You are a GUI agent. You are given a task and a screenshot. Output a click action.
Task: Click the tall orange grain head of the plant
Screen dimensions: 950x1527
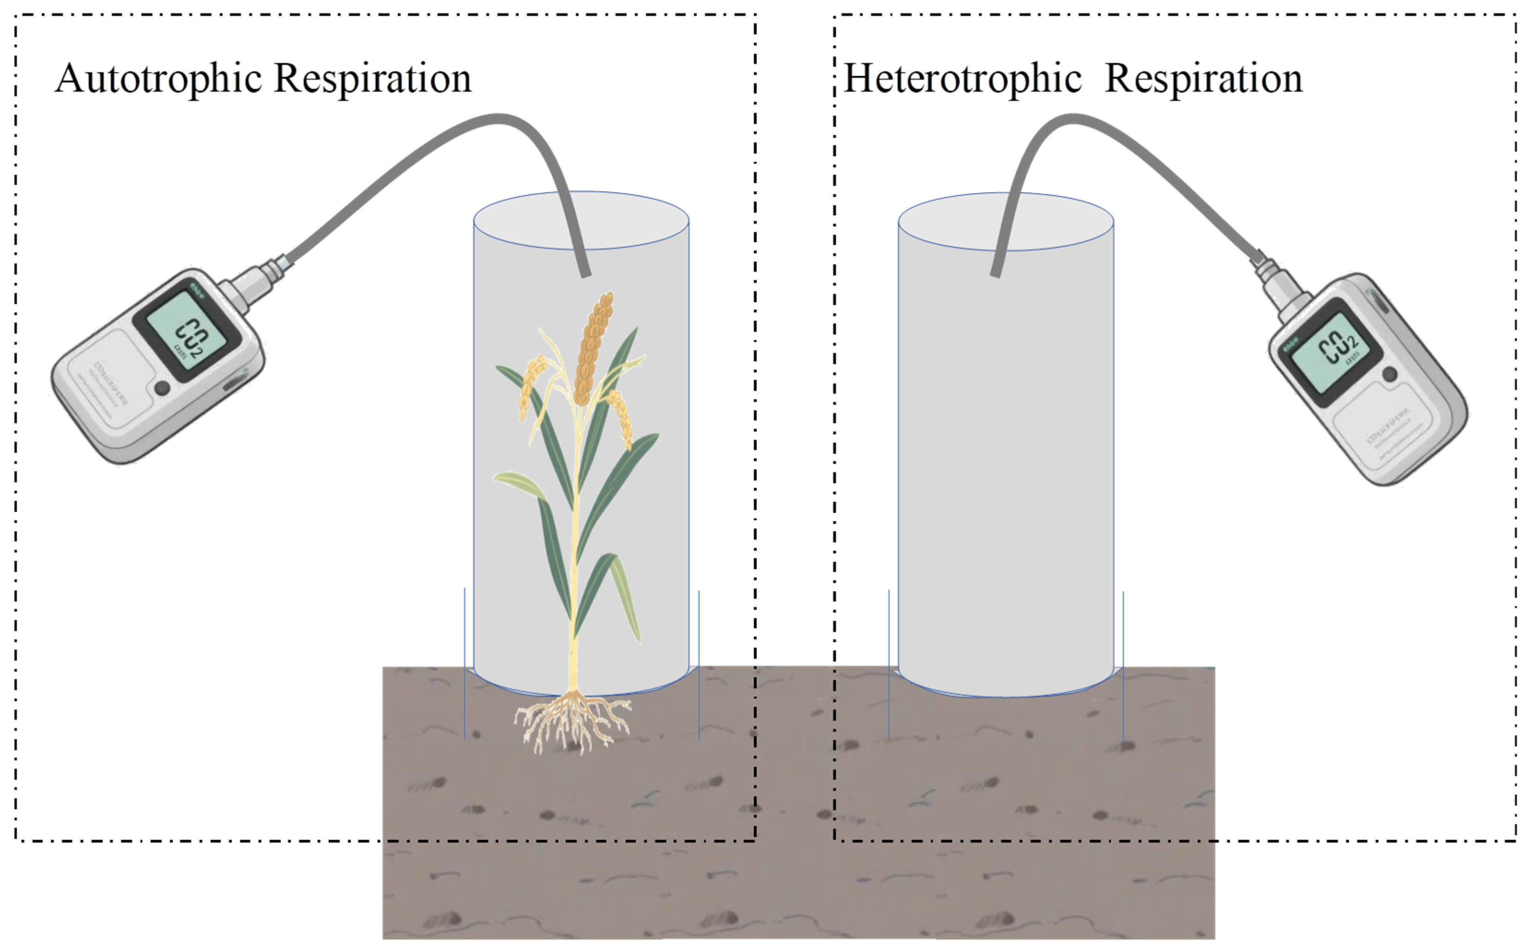(593, 349)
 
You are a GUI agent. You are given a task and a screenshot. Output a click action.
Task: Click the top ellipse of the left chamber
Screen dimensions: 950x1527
(581, 220)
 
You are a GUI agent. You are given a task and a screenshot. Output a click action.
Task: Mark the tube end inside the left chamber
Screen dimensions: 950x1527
(585, 272)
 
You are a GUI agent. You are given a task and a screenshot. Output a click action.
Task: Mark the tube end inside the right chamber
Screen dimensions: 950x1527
(996, 272)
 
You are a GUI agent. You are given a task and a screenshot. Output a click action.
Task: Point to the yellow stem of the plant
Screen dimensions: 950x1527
(573, 565)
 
